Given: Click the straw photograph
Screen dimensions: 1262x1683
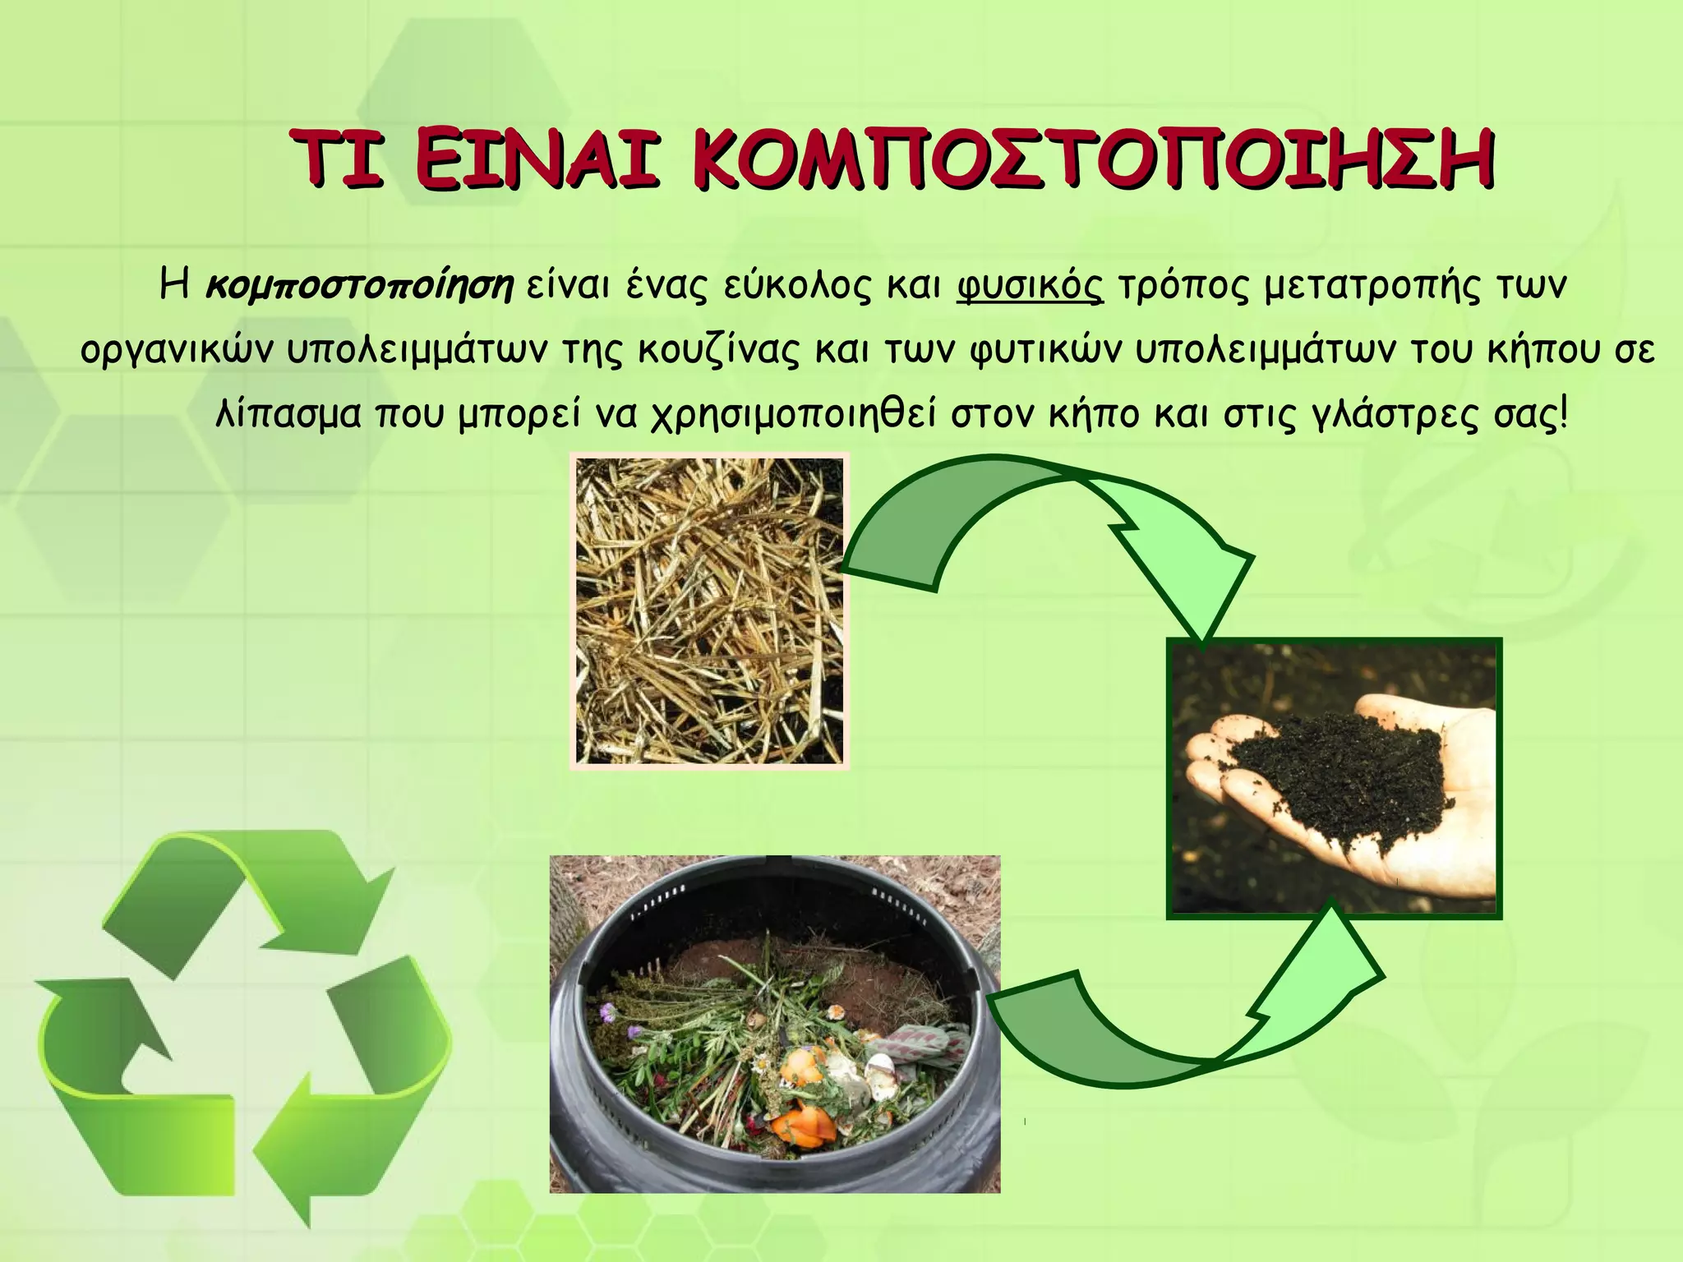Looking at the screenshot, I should click(709, 611).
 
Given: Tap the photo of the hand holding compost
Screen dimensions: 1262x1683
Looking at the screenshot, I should click(1334, 777).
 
